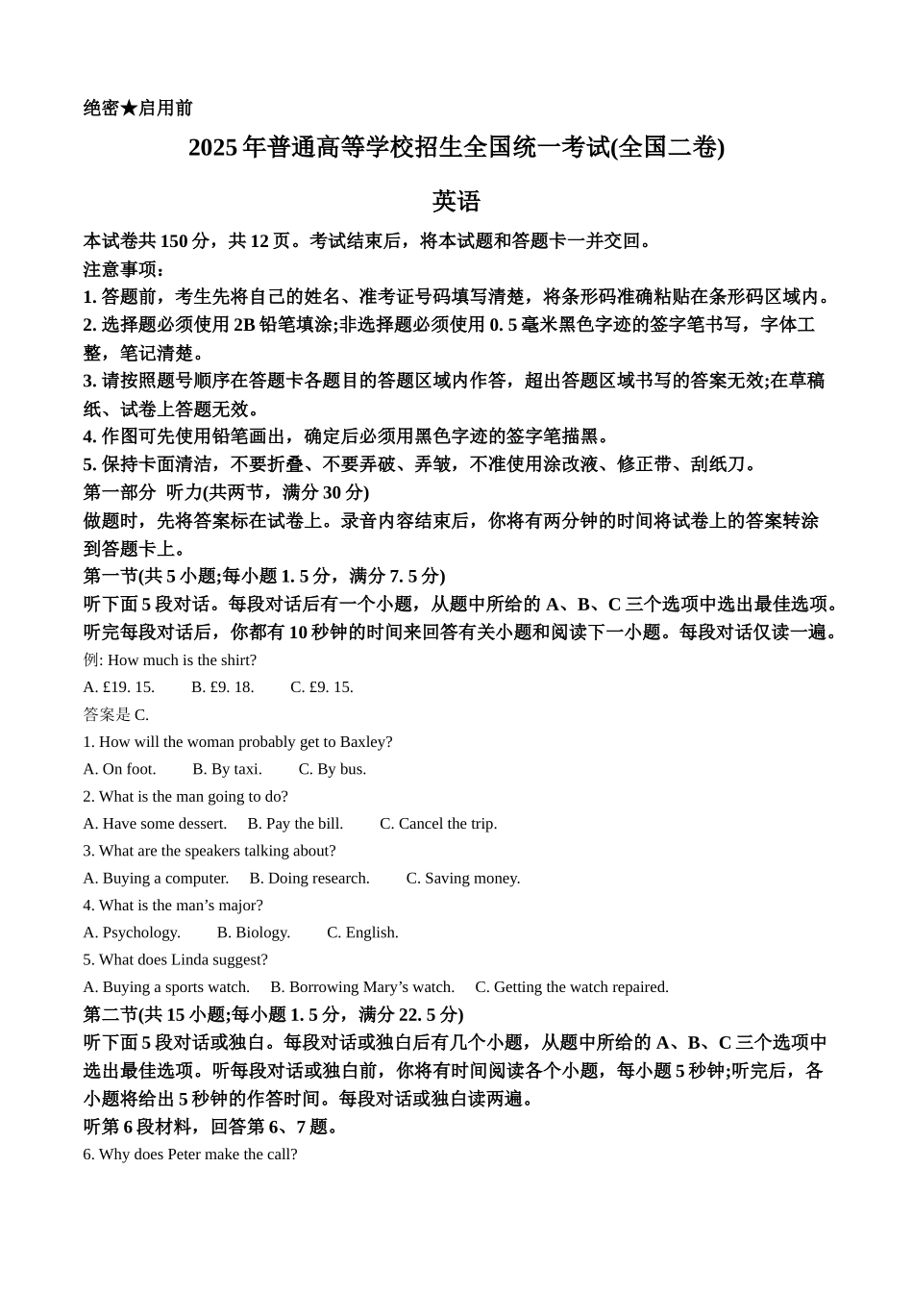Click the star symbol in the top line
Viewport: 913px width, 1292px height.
click(x=129, y=108)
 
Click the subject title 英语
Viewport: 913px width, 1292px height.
click(x=456, y=201)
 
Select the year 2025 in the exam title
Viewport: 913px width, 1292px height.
click(x=212, y=147)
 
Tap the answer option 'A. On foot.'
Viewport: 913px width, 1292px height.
click(x=119, y=769)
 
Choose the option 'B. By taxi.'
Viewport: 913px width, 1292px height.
click(x=227, y=769)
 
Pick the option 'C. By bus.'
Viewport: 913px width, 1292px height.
click(x=332, y=769)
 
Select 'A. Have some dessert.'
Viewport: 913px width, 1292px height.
click(x=155, y=824)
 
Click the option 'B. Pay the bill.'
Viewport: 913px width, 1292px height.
click(x=295, y=824)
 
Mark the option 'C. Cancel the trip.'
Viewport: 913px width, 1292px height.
click(x=438, y=824)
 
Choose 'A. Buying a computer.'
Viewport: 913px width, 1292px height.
click(x=156, y=879)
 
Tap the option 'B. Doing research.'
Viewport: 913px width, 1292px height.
click(x=309, y=879)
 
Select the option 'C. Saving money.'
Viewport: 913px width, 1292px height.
click(x=463, y=879)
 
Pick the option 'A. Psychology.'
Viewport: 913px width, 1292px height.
click(x=132, y=932)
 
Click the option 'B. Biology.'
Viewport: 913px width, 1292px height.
click(x=254, y=932)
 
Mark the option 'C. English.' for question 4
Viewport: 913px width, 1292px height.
click(x=362, y=932)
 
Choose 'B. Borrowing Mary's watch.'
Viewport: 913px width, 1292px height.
click(x=362, y=987)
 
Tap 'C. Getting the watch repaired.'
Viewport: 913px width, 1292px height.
click(x=572, y=987)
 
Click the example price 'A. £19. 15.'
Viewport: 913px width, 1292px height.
click(x=119, y=687)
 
